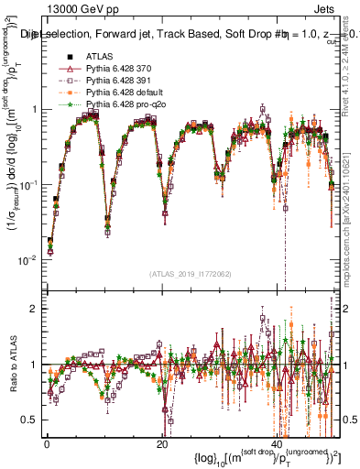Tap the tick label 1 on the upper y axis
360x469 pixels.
(x=35, y=110)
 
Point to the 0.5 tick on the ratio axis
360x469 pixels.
(x=31, y=420)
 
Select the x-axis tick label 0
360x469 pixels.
(x=47, y=443)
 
